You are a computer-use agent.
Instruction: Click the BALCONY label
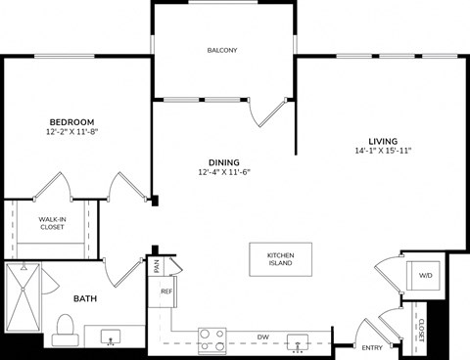click(222, 50)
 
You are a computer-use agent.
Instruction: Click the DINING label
click(223, 162)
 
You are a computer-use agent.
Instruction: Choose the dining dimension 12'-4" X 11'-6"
click(223, 173)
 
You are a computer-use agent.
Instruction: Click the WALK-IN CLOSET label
click(51, 223)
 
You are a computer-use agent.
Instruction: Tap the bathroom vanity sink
click(110, 337)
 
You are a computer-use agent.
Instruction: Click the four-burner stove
click(211, 338)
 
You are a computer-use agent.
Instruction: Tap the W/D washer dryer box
click(425, 276)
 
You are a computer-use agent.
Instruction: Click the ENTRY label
click(372, 347)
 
